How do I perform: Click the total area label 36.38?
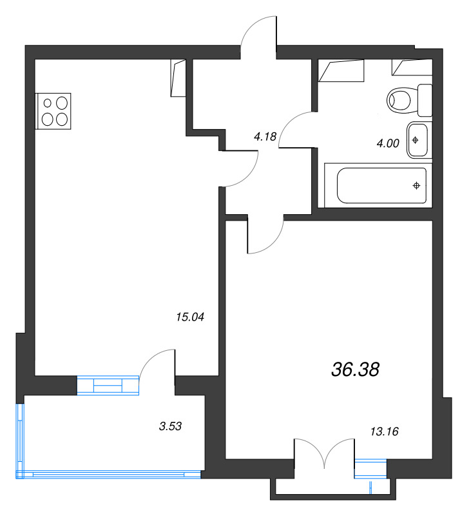coord(355,369)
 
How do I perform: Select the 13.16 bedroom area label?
coord(381,432)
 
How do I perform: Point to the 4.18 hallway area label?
coord(265,136)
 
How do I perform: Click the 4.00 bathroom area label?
coord(388,144)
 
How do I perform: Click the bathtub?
coord(382,187)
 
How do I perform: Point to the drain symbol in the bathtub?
coord(416,186)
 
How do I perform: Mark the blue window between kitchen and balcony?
coord(108,385)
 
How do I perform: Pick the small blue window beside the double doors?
coord(370,468)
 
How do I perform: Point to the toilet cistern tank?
coord(425,99)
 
